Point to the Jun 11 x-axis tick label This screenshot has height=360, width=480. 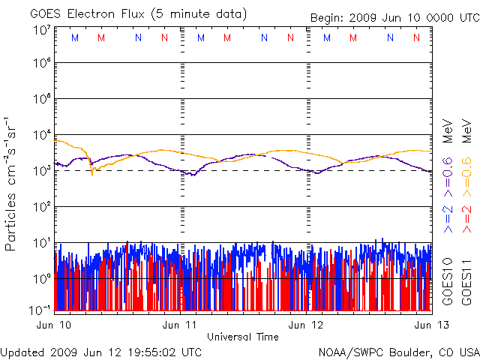(180, 325)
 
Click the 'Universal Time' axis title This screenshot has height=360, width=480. (243, 337)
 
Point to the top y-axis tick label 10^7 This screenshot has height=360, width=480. (41, 30)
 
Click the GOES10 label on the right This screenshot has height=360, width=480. (448, 280)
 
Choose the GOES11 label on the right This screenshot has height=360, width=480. (466, 280)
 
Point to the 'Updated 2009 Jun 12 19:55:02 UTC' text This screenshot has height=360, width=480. (101, 351)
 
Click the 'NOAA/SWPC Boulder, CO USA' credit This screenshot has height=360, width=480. (398, 351)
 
